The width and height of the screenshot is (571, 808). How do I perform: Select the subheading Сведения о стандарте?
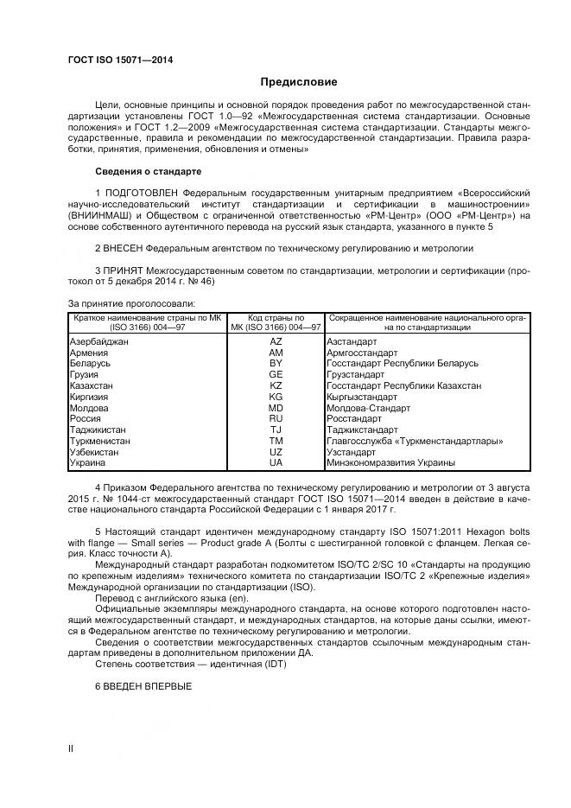coord(148,171)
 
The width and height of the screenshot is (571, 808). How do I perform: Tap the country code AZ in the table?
coord(276,342)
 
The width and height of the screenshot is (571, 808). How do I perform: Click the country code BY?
coord(276,364)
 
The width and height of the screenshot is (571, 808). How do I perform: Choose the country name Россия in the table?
coord(85,418)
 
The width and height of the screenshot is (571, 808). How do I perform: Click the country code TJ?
coord(276,429)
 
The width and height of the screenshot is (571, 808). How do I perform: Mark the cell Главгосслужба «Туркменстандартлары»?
coord(416,441)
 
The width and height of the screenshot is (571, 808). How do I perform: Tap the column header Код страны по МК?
coord(276,319)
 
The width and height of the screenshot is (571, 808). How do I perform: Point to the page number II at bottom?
coord(71,749)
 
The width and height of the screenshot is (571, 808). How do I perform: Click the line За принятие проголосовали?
coord(131,303)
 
